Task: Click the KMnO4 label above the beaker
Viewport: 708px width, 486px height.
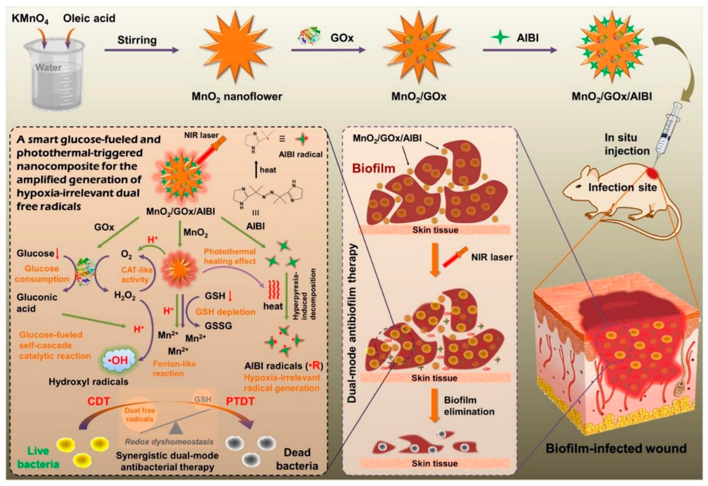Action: tap(30, 19)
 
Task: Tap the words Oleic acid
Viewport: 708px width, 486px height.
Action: tap(89, 18)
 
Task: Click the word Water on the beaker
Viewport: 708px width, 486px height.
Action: tap(48, 67)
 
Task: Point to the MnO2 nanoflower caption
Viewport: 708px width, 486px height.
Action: tap(237, 97)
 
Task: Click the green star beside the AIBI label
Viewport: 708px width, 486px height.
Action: tap(500, 38)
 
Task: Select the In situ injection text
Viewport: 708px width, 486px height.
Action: tap(627, 144)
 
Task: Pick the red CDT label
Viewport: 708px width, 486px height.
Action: tap(98, 401)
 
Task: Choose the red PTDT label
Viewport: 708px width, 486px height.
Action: tap(240, 401)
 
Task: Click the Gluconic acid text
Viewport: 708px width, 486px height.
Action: tap(37, 303)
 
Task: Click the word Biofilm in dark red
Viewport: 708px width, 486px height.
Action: tap(374, 169)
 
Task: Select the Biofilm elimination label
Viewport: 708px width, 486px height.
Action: tap(469, 406)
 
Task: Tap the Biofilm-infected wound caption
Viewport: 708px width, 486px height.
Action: tap(616, 449)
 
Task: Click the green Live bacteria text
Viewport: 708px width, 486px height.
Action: tap(38, 457)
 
